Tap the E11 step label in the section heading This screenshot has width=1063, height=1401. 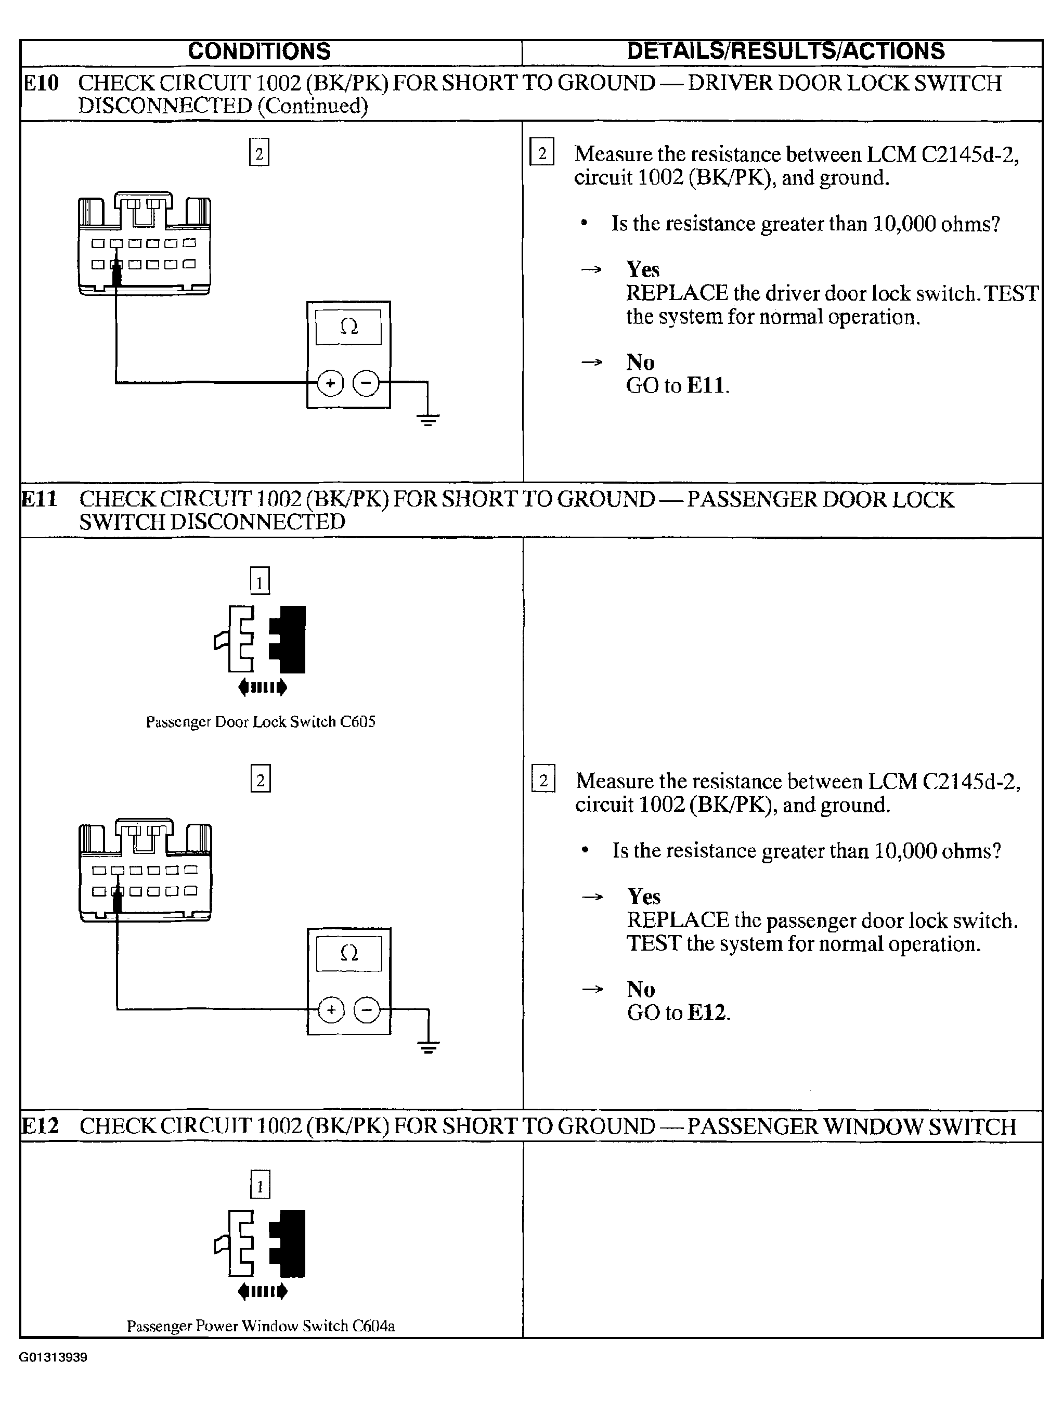coord(40,499)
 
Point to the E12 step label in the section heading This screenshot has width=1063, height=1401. coord(40,1125)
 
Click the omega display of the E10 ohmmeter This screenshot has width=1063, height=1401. coord(348,327)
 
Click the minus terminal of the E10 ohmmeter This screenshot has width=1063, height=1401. coord(366,383)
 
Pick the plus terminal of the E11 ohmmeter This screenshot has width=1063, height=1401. coord(331,1009)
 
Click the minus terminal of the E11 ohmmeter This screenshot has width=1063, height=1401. coord(367,1009)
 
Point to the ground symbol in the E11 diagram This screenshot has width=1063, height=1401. coord(429,1046)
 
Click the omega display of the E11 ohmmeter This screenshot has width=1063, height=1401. coord(349,953)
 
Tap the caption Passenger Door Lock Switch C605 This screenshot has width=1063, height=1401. coord(261,722)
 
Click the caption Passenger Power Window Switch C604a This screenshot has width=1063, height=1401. coord(261,1326)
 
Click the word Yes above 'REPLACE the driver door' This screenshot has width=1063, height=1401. coord(643,269)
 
